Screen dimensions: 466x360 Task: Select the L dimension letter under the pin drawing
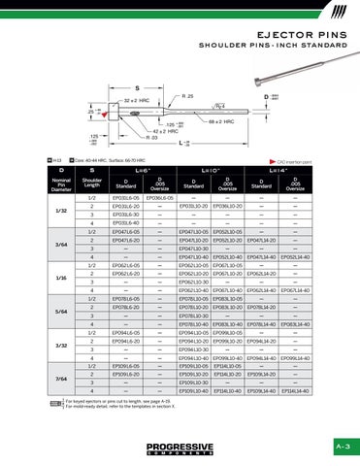pyautogui.click(x=184, y=143)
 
